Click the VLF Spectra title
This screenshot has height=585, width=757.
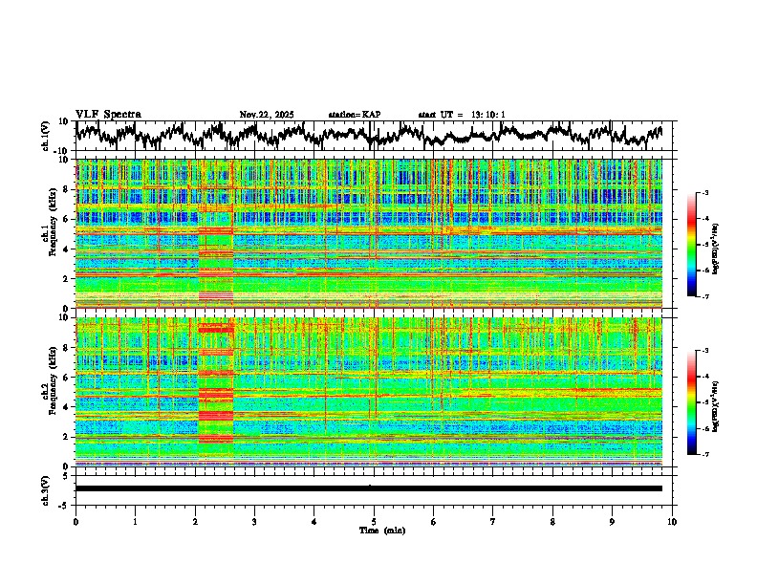point(108,114)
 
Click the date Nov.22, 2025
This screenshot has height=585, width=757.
point(267,115)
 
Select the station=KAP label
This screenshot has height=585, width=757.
point(354,115)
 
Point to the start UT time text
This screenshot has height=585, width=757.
point(462,115)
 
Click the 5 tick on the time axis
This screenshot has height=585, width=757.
point(374,521)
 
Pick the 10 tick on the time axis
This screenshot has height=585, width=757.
point(672,521)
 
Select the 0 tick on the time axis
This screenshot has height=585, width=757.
point(76,521)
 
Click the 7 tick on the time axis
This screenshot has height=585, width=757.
point(493,521)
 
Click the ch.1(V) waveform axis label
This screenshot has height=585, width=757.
point(46,136)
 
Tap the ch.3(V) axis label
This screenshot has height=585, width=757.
point(46,488)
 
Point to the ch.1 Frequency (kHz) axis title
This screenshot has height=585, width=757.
point(49,233)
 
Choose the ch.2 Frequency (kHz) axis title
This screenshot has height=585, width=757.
point(49,392)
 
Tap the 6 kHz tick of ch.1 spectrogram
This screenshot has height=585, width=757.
point(67,219)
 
